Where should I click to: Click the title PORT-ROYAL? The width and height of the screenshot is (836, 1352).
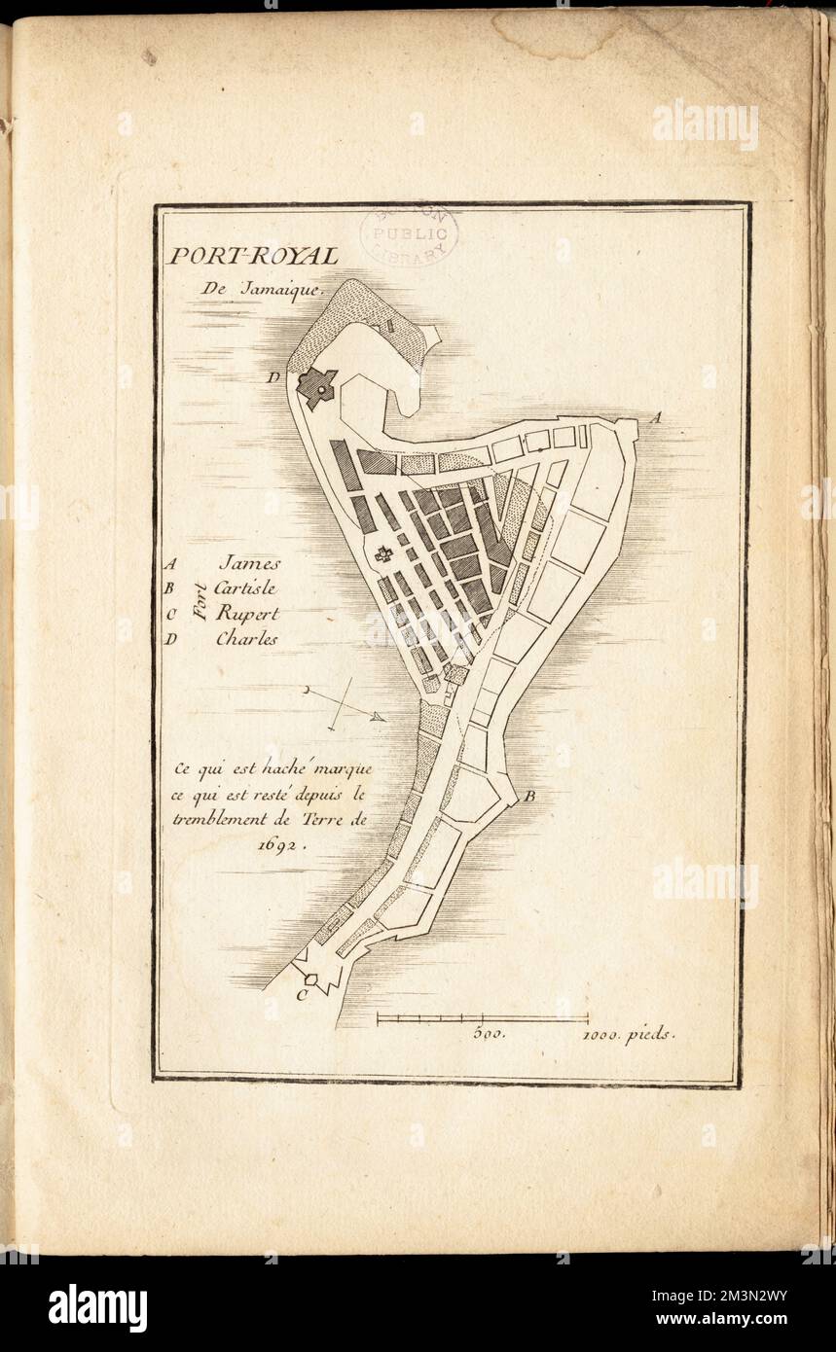click(x=253, y=256)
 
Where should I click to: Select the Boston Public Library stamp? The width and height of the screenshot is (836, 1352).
click(x=408, y=234)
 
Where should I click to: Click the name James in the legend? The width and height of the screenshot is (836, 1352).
click(x=249, y=562)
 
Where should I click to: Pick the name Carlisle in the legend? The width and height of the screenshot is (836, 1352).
click(x=249, y=587)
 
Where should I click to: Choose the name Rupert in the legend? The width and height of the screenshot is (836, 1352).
click(x=247, y=614)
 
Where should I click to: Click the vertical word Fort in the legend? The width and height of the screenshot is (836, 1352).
click(x=200, y=601)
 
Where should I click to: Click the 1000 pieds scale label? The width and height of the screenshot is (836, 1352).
click(x=628, y=1034)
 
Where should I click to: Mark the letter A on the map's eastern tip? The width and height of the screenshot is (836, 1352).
click(x=656, y=418)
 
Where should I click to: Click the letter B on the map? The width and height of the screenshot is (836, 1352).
click(x=530, y=798)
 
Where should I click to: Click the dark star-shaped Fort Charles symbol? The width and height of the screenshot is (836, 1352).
click(x=316, y=388)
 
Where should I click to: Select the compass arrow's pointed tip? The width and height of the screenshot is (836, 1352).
click(x=382, y=719)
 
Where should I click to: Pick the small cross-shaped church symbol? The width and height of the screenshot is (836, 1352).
click(x=382, y=555)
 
